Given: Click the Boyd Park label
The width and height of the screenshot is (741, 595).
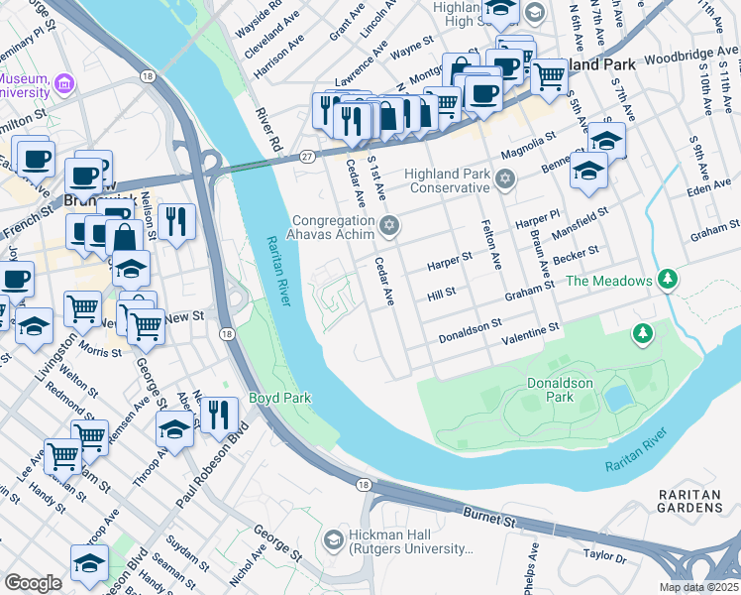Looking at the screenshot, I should point(280,399).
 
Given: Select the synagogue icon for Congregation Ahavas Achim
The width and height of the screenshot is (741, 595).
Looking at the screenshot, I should point(388,227).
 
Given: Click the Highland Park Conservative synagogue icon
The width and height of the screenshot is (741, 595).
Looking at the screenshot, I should point(506,179).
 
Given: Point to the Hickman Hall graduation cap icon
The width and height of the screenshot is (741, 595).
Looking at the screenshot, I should point(333,541).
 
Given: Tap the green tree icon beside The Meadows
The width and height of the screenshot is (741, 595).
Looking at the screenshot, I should point(670,281).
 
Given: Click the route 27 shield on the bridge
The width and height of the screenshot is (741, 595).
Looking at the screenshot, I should point(308,157).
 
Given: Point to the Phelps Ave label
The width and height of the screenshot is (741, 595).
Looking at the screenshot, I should point(533,562).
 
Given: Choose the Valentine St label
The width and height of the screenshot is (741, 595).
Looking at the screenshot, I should point(534,329).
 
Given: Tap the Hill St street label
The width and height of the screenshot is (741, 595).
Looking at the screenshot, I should point(441,294).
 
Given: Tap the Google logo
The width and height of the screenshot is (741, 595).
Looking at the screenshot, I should point(33,583).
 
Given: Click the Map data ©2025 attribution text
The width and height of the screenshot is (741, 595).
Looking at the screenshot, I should point(697,587).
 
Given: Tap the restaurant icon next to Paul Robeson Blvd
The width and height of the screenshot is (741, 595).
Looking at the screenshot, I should point(219,415).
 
